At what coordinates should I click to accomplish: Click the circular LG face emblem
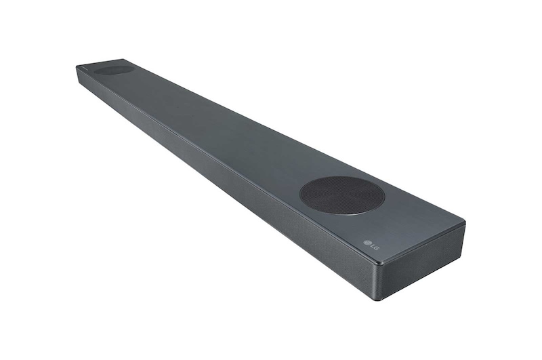[367, 244]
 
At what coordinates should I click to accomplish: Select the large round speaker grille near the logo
[341, 195]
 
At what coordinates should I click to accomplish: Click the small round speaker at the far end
[114, 68]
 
